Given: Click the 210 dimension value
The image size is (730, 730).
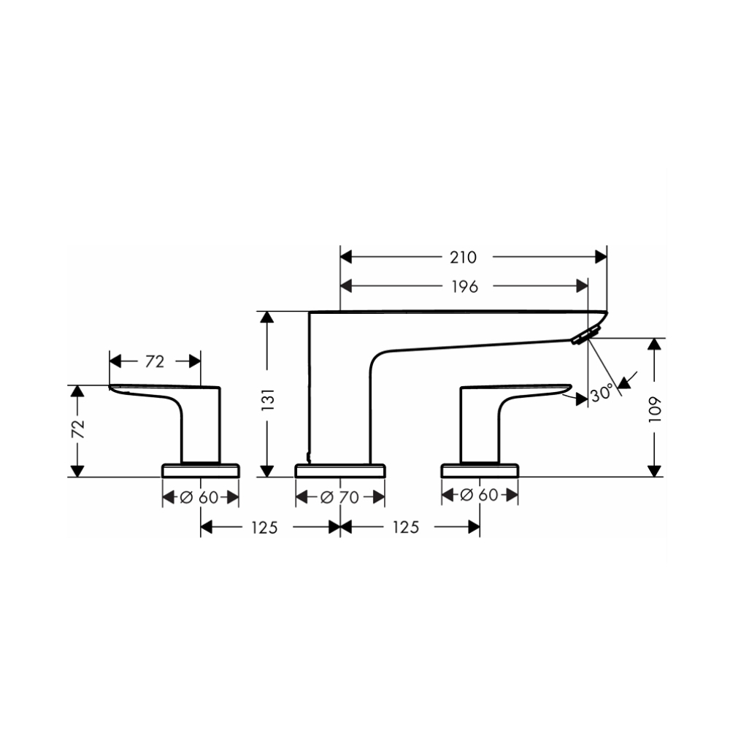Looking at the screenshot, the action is (464, 257).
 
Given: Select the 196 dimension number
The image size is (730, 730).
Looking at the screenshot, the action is (464, 287).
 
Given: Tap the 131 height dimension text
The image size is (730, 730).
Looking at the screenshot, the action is (269, 400).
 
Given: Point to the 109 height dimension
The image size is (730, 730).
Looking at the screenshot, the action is (655, 410).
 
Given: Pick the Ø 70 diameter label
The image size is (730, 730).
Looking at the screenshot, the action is (340, 498).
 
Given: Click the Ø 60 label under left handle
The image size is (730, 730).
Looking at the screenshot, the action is (199, 498).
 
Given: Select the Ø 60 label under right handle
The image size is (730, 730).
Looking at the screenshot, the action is (479, 495).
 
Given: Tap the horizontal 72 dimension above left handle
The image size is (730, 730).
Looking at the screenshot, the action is (155, 361).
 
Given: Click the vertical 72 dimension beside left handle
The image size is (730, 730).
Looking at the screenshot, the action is (78, 429).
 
